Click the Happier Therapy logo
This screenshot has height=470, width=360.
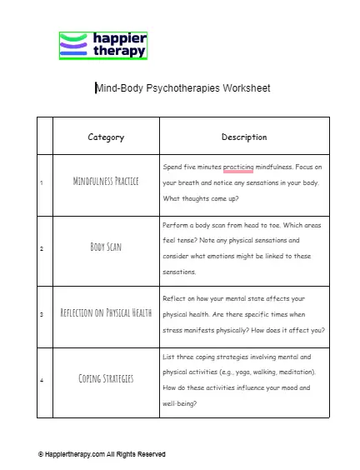pos(103,45)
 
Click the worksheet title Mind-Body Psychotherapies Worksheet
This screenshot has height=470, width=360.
pos(182,87)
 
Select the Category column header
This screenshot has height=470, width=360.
pos(106,137)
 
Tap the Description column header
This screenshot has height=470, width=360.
pos(244,137)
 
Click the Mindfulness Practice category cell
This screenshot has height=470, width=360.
pos(106,181)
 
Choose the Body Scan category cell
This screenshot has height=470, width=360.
pos(106,247)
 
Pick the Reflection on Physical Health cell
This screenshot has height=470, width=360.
pos(106,313)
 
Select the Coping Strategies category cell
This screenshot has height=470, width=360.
pos(106,378)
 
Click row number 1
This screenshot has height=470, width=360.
pos(42,182)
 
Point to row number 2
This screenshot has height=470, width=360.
pos(42,248)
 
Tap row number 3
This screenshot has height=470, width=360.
pos(42,314)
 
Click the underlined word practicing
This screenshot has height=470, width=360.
pos(238,167)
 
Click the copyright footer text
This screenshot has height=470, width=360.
pos(102,454)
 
